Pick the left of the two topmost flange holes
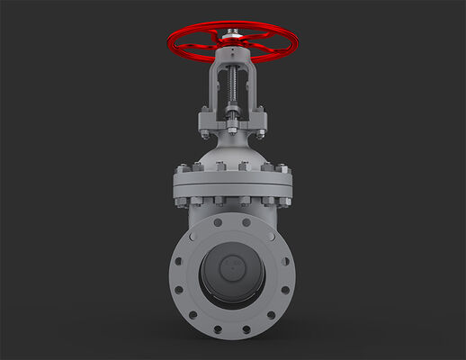(x=218, y=221)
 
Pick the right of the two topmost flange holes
(x=247, y=221)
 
